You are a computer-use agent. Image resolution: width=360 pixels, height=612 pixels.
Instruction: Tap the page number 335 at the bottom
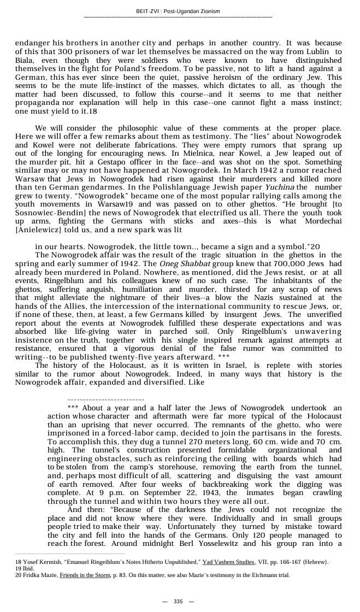tap(179, 601)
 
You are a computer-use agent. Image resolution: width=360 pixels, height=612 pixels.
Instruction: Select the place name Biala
tap(25, 60)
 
